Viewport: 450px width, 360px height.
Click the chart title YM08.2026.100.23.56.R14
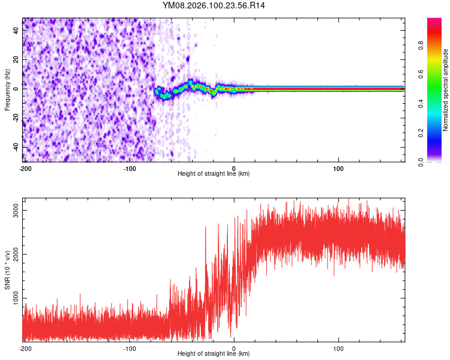214,5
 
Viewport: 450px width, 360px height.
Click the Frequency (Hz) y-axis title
7,89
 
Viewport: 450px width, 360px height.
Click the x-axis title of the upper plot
214,173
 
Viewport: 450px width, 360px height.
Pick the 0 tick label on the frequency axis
17,88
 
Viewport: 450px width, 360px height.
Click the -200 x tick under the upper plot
25,167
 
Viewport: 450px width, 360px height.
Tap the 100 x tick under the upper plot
338,167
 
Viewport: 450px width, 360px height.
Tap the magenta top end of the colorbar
434,20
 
